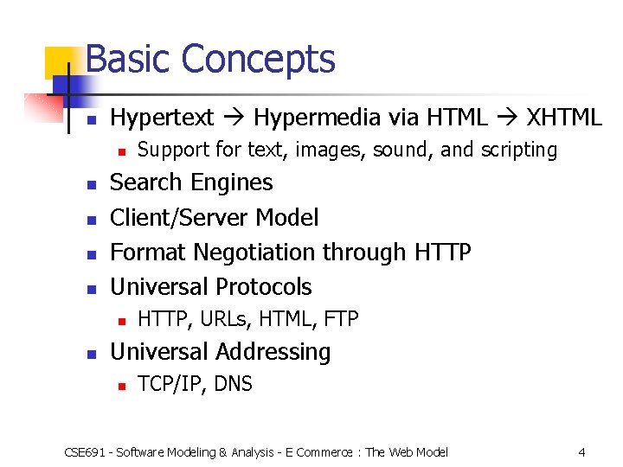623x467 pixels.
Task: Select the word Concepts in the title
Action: [x=259, y=60]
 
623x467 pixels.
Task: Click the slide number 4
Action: [x=582, y=451]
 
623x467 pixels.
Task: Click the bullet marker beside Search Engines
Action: [x=92, y=184]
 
